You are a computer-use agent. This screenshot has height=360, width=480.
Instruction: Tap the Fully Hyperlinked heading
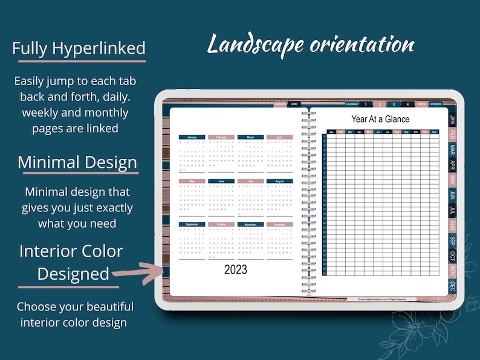(x=79, y=49)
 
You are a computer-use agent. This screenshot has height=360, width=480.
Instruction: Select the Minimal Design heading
(x=77, y=162)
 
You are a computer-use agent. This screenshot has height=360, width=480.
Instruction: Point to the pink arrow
(x=138, y=271)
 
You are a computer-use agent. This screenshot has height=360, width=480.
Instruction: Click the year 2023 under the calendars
(x=236, y=270)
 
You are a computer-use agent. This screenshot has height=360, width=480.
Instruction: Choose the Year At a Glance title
(x=380, y=119)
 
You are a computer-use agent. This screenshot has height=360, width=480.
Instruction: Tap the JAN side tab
(x=453, y=118)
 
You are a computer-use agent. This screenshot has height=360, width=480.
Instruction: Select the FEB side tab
(x=453, y=134)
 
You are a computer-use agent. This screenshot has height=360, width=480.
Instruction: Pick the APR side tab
(x=453, y=165)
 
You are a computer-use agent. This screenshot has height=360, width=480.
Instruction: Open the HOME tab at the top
(x=294, y=104)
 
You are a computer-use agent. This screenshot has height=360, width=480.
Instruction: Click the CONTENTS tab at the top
(x=281, y=104)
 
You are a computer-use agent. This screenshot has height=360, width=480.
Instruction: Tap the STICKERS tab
(x=436, y=104)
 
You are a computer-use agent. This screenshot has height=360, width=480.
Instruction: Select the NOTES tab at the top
(x=421, y=104)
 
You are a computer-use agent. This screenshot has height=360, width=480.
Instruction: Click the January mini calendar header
(x=192, y=137)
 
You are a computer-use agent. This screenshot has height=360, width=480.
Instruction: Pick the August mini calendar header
(x=279, y=181)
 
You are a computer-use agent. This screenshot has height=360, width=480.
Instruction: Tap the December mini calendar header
(x=279, y=225)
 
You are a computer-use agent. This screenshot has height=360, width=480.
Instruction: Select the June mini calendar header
(x=221, y=181)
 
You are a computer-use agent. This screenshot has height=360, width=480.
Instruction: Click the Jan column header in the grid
(x=331, y=132)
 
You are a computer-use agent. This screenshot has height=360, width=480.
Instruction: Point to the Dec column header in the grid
(x=434, y=132)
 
